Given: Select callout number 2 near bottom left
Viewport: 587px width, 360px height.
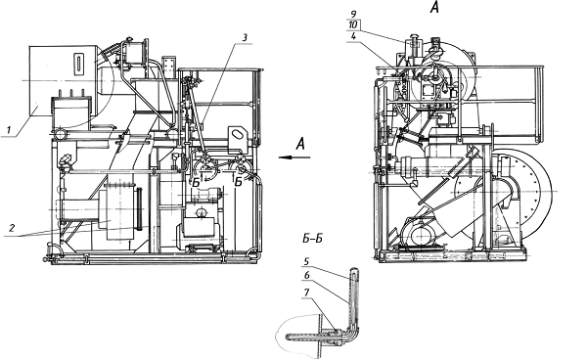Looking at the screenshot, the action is [12, 228].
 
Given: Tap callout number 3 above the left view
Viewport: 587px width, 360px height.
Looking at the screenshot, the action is [245, 37].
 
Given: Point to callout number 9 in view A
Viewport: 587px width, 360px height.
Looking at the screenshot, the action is [353, 15].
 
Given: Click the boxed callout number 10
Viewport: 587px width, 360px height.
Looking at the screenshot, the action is [353, 25].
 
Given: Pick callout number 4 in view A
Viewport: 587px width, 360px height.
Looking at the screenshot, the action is [353, 36].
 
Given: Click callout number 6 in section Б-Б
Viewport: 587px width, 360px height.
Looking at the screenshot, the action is [306, 276].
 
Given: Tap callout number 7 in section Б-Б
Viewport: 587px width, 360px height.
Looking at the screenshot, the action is [306, 292].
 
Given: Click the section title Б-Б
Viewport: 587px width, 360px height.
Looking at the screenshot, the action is [312, 239].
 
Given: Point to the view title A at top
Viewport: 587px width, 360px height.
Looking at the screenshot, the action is [434, 7].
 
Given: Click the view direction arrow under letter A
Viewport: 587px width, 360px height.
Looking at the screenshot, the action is [294, 157].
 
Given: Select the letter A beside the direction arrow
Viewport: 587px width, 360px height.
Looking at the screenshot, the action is [300, 144].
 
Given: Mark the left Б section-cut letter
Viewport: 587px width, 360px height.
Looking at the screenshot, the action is [196, 183].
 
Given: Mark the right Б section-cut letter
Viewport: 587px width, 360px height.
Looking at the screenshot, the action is [239, 182].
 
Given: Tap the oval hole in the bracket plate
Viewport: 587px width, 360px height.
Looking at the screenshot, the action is [236, 134].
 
